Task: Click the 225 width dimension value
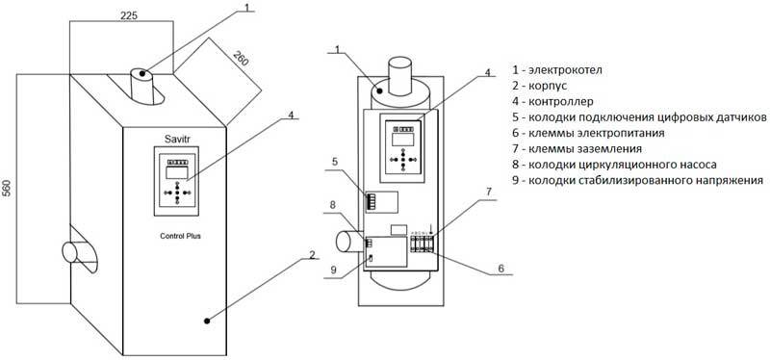(129, 15)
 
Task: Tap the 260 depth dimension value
(241, 59)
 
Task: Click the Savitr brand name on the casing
(176, 140)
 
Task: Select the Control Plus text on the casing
(180, 236)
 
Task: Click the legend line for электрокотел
(557, 70)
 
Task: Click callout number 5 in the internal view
(334, 160)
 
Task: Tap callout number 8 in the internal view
(333, 205)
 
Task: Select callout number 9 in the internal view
(334, 270)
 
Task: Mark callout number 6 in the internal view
(500, 269)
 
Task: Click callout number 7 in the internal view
(488, 193)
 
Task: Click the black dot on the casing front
(207, 321)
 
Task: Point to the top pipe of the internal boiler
(400, 76)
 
